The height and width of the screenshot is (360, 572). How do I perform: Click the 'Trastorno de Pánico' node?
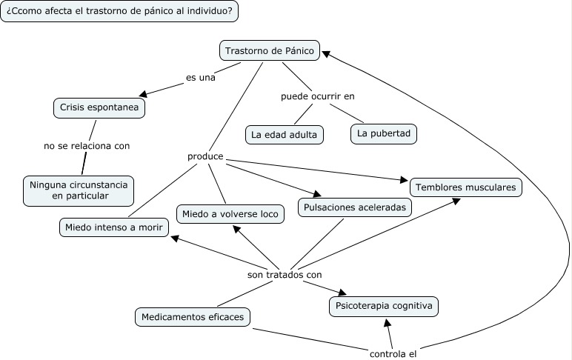pos(270,51)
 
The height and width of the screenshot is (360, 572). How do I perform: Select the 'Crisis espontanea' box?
pos(99,108)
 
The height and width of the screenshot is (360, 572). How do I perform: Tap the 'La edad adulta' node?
pos(284,135)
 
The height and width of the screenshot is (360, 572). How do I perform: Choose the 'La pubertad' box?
pos(384,133)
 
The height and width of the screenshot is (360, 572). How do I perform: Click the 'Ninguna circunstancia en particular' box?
pos(79,190)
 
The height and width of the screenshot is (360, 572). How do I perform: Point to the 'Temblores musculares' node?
pos(465,187)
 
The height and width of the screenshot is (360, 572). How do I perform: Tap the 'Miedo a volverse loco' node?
pos(230,214)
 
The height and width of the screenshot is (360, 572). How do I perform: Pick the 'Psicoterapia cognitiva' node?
pos(384,306)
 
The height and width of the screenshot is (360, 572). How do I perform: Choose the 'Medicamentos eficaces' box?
pos(193,317)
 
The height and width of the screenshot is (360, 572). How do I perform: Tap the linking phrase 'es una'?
pos(200,76)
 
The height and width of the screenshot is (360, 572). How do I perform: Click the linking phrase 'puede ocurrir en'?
pos(323,96)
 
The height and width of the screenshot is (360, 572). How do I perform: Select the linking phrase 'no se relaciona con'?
pos(87,146)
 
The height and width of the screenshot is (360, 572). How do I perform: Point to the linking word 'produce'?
pos(206,158)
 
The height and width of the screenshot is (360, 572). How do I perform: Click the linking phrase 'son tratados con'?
pos(285,275)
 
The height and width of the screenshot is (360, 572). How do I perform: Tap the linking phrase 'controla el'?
pos(393,353)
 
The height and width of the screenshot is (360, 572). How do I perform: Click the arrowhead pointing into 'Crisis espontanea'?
pos(145,95)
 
